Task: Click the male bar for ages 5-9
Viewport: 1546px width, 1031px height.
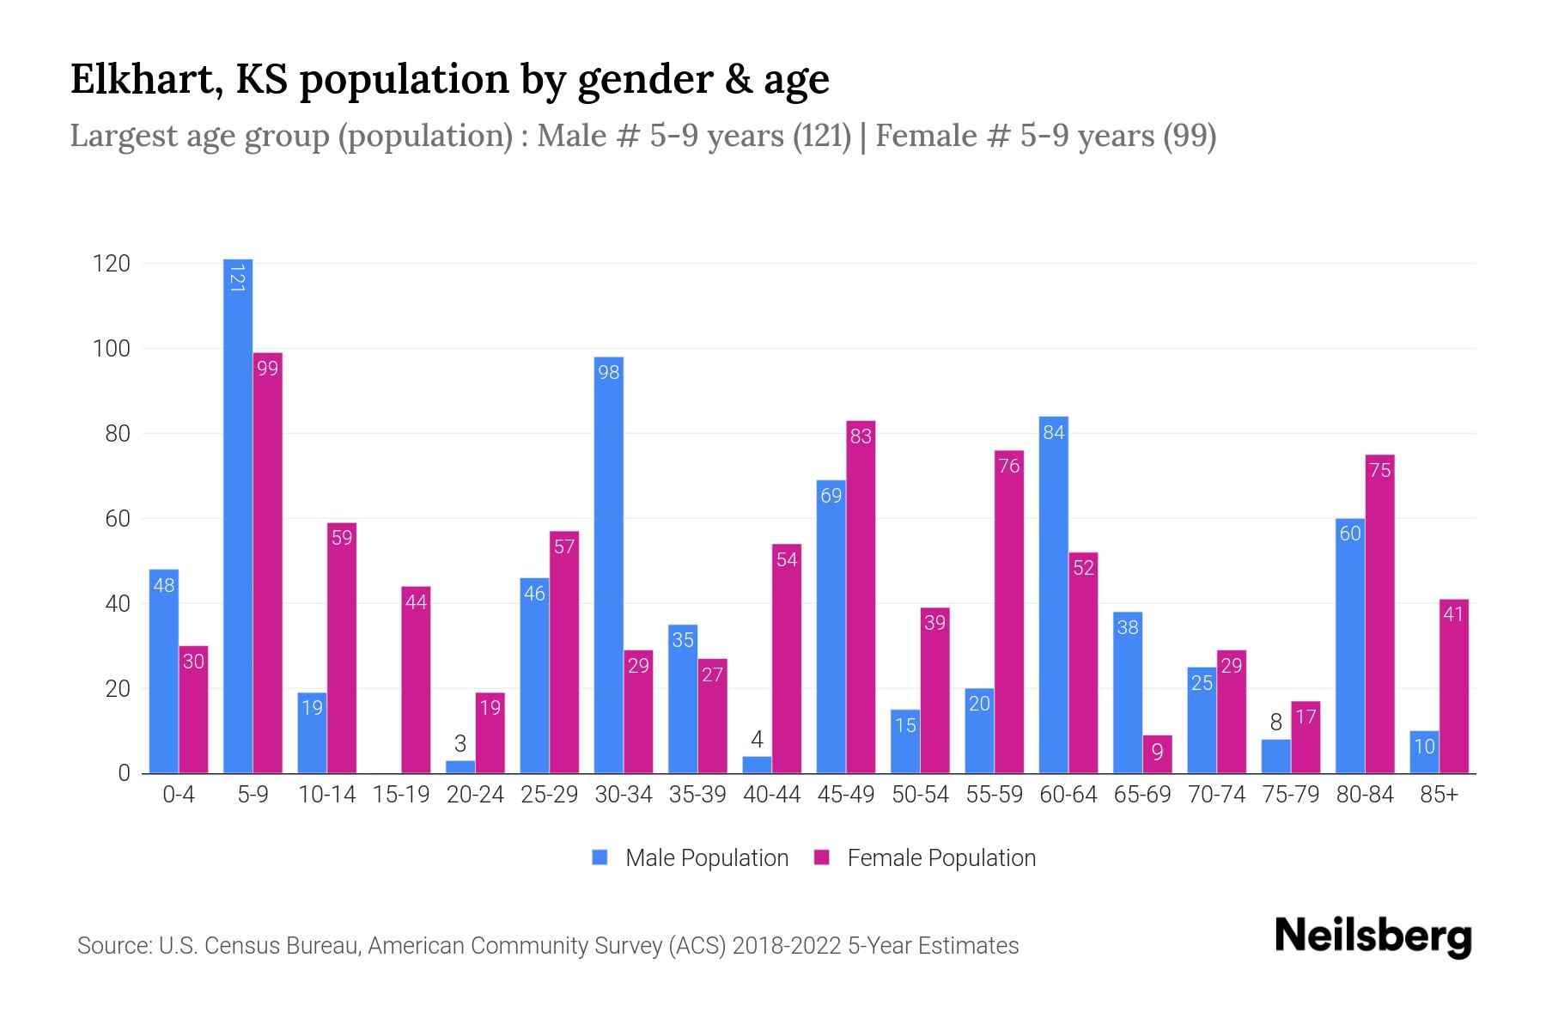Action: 238,515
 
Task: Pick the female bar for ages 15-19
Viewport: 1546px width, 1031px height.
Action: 416,680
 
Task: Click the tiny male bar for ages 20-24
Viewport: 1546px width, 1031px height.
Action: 460,766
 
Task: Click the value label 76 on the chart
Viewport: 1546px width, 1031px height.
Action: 1009,466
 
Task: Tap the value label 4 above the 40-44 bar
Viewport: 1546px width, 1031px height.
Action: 757,740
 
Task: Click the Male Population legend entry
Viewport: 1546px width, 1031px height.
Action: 691,857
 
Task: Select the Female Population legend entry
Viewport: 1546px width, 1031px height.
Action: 925,857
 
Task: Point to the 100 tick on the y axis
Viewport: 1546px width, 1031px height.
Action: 112,349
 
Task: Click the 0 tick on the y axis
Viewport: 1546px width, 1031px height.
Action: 124,773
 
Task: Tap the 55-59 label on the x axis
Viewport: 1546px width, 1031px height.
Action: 994,795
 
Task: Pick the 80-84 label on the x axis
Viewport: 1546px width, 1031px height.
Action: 1365,795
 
